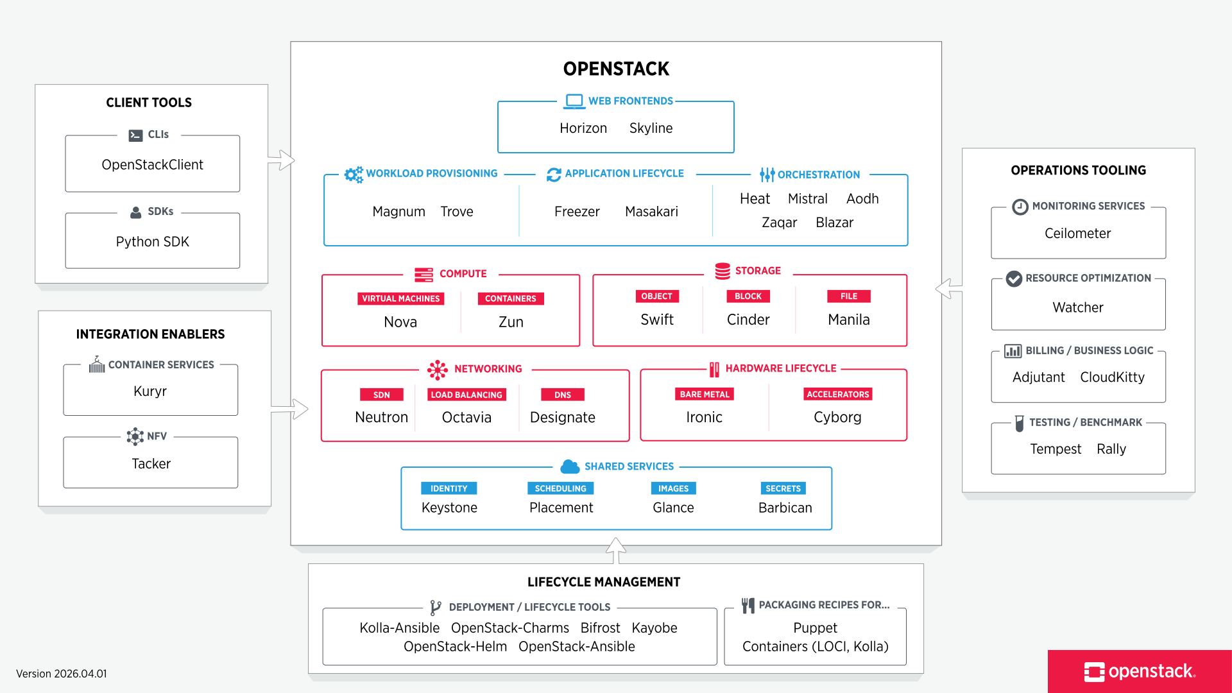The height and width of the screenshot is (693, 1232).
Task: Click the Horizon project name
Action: pos(583,128)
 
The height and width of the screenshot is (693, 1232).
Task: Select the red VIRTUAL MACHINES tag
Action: pos(400,298)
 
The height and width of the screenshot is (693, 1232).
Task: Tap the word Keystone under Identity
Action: pos(449,508)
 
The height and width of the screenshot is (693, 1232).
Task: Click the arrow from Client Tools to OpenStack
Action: pos(282,160)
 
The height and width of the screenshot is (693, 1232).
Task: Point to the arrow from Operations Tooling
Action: pos(948,289)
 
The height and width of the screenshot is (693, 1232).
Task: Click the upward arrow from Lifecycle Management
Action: pos(616,550)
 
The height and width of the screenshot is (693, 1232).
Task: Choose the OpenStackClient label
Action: pos(152,165)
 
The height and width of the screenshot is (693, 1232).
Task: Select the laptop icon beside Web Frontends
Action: pos(574,101)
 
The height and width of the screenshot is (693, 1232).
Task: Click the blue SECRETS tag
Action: pos(783,488)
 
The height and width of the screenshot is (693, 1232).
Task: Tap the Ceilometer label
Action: pos(1077,234)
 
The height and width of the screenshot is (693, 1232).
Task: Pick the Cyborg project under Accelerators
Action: pos(837,417)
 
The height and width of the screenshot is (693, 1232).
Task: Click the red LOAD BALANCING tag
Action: pos(466,395)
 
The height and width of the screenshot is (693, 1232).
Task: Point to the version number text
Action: pos(62,674)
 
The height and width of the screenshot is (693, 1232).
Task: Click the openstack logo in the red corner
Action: pos(1140,671)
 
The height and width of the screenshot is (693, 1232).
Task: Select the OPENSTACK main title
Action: pos(616,69)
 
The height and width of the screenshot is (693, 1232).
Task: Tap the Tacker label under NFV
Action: pos(151,464)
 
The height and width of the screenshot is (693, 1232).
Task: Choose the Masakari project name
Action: pos(651,212)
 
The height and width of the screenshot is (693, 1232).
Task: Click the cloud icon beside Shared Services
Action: pos(570,466)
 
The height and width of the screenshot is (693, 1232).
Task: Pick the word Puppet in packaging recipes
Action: pos(815,628)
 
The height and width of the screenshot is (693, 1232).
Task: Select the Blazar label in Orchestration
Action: pos(834,223)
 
